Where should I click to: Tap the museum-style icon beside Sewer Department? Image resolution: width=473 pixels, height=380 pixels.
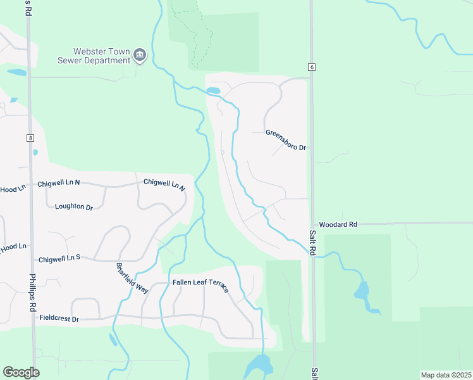140,56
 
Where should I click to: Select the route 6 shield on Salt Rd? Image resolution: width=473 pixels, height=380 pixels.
312,66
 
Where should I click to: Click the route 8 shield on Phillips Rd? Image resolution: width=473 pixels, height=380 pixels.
30,137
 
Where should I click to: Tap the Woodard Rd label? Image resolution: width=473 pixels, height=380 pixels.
338,224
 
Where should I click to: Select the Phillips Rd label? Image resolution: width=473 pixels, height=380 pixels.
32,292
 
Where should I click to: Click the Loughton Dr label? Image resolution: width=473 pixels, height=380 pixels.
74,206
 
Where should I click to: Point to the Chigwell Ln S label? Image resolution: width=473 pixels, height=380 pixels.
59,258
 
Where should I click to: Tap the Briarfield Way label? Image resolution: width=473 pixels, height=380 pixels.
132,277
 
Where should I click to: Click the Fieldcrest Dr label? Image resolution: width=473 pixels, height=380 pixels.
59,319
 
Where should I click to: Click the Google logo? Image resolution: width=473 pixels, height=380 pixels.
21,372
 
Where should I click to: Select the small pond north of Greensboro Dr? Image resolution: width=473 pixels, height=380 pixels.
213,91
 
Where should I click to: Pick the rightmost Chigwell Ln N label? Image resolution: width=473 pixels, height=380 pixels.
164,185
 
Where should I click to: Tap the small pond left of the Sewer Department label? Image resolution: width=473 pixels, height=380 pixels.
17,72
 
